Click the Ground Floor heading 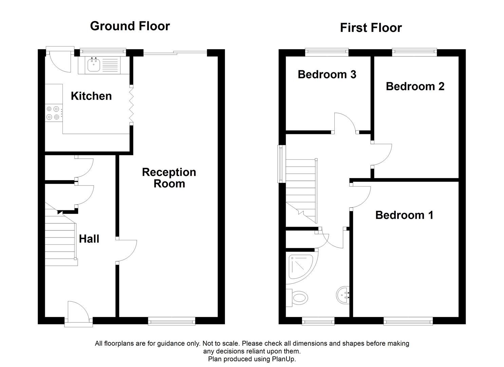[x=130, y=26]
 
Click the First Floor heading [x=371, y=28]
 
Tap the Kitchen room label [x=91, y=96]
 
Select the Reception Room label [x=169, y=178]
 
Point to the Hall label [x=89, y=239]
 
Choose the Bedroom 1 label [x=404, y=215]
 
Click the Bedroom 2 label [x=415, y=86]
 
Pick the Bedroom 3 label [x=327, y=74]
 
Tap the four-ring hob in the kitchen [x=53, y=113]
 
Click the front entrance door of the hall [x=78, y=314]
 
